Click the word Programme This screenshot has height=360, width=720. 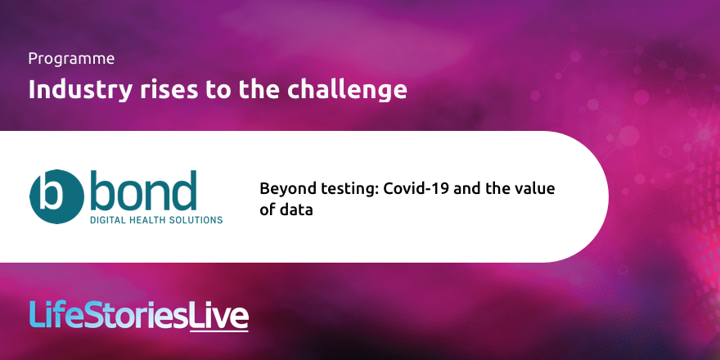pos(71,59)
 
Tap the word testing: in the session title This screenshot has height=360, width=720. pos(343,189)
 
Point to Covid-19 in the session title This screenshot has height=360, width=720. pos(414,189)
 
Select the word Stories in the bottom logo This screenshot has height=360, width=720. pos(136,315)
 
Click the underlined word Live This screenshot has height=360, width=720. pos(218,315)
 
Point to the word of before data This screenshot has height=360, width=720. pos(268,210)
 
